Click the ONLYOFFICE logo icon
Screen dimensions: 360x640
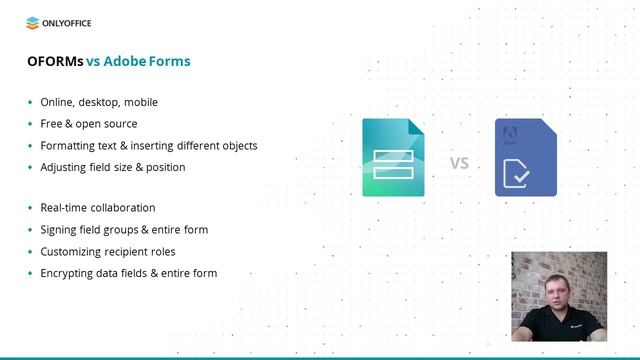pos(33,22)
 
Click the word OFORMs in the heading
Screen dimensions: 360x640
pos(54,61)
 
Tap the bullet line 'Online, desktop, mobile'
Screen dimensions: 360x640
pos(99,102)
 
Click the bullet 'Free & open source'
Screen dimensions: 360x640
pos(89,124)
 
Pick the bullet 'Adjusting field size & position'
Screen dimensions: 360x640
pos(113,167)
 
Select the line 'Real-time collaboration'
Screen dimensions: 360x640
pos(98,208)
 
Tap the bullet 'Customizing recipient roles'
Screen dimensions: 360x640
pos(107,252)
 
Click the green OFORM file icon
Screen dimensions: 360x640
pos(393,157)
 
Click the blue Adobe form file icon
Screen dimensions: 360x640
pos(525,157)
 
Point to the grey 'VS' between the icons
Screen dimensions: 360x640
pos(459,162)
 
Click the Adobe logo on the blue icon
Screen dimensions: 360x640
pos(507,131)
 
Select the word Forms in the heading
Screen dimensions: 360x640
pos(170,61)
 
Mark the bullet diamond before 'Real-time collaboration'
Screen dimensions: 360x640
pos(30,208)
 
